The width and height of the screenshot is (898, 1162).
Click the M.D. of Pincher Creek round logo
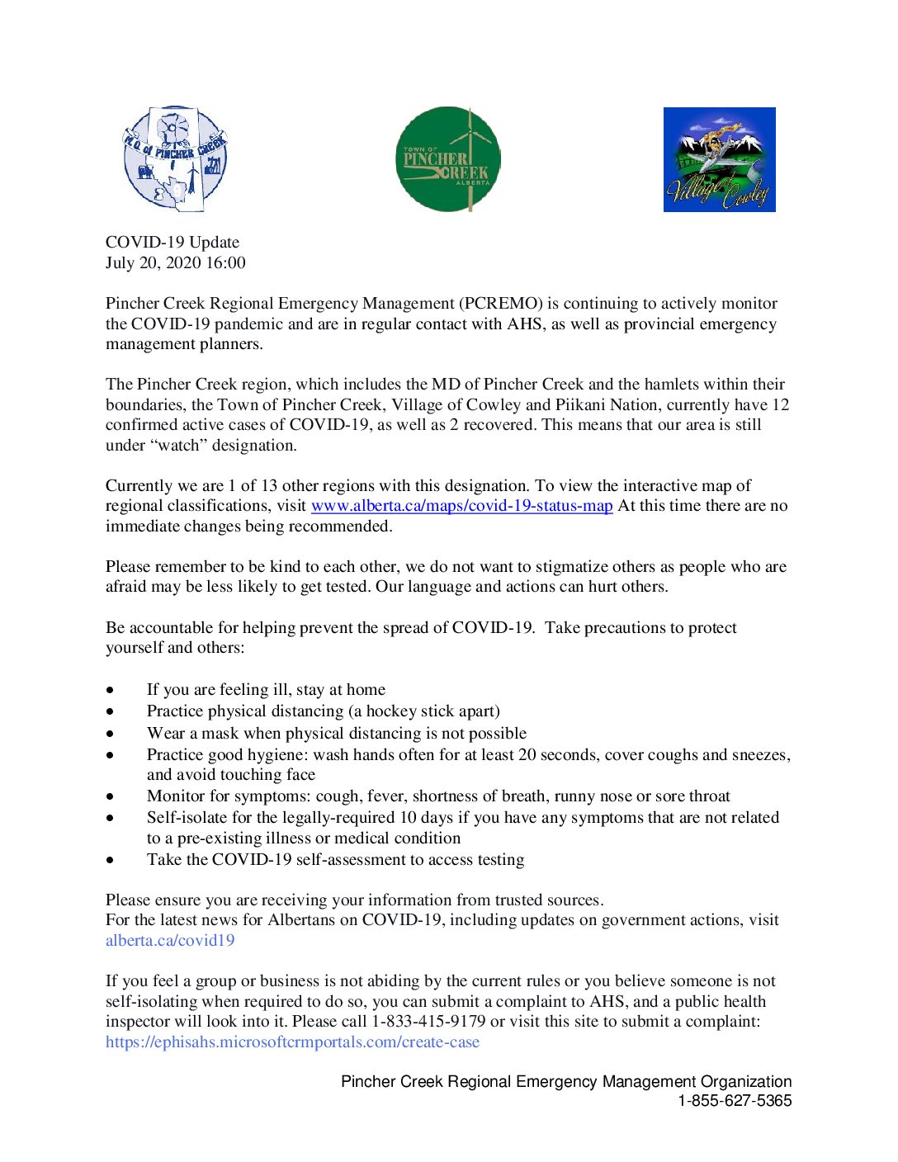(175, 158)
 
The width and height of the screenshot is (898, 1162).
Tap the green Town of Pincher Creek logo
(447, 158)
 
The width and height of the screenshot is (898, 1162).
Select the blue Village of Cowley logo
(719, 159)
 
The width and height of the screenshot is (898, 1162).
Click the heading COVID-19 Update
(173, 242)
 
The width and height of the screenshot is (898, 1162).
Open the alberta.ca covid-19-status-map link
(461, 505)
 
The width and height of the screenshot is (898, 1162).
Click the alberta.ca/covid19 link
(170, 940)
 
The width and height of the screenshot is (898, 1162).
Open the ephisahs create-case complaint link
(292, 1042)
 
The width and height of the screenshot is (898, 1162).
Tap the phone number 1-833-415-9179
(428, 1021)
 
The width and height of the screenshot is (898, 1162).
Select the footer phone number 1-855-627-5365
(735, 1100)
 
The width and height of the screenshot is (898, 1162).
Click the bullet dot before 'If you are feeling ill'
(110, 690)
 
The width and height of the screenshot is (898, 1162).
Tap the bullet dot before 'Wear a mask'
(110, 734)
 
